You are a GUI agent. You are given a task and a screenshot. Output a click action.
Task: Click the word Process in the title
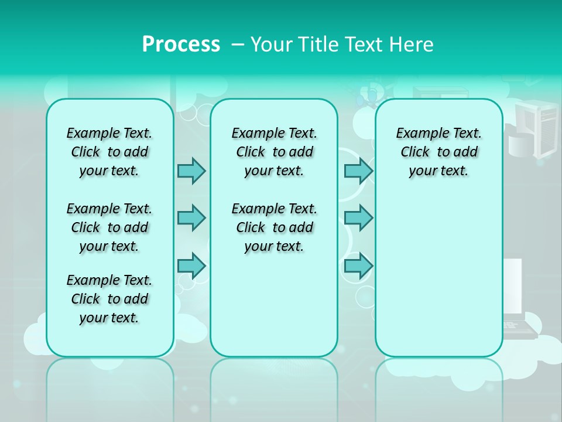(x=181, y=45)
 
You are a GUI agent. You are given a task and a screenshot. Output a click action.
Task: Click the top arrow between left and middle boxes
(x=191, y=171)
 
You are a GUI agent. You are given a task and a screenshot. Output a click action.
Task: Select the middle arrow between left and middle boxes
(x=191, y=218)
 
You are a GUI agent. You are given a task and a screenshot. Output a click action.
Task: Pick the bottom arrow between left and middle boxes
(x=191, y=266)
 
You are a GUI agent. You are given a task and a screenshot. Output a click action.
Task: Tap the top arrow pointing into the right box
(x=358, y=171)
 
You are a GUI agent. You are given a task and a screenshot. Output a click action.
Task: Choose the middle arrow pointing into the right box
(x=358, y=218)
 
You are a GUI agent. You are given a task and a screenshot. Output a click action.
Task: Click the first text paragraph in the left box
(x=109, y=152)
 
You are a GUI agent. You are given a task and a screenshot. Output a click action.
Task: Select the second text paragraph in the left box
(x=109, y=227)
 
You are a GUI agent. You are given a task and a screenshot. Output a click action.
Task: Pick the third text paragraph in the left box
(x=109, y=299)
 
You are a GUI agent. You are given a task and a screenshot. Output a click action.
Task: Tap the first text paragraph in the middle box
(x=274, y=152)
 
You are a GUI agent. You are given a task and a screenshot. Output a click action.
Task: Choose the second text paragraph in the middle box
(x=274, y=227)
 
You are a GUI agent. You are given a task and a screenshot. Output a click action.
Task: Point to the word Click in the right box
(x=415, y=152)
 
